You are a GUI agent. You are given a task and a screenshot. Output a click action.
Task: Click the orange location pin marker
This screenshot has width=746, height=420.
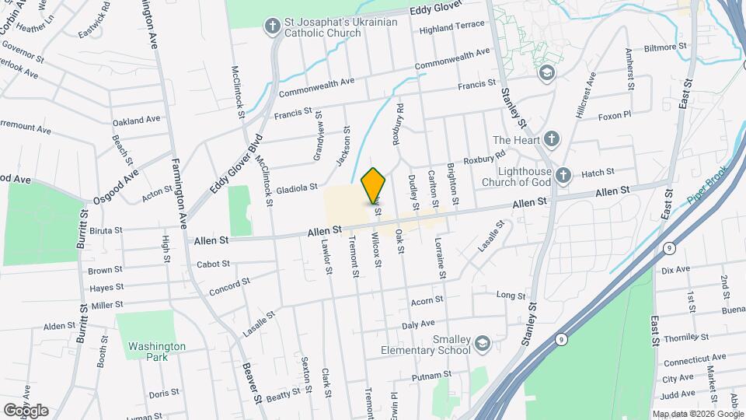click(374, 185)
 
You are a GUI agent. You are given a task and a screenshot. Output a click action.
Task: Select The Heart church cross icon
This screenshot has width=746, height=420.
click(551, 140)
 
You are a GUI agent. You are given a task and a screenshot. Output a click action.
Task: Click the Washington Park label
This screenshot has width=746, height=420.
click(157, 352)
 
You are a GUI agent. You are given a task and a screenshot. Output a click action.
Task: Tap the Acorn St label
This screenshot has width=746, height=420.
click(427, 299)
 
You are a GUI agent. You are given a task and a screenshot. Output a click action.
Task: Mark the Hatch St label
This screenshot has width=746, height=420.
click(598, 172)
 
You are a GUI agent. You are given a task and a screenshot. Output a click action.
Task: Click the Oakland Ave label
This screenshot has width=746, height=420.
click(136, 121)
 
